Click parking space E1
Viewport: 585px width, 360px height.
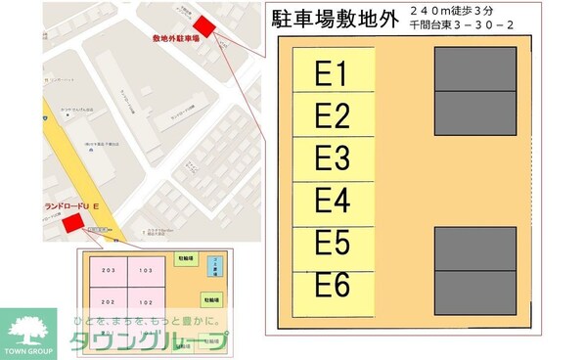(x=333, y=74)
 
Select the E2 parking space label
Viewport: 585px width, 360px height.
(x=333, y=116)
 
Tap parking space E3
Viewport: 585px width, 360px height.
(x=333, y=158)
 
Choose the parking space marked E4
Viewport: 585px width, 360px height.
(x=333, y=201)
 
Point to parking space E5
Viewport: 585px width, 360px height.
(x=333, y=243)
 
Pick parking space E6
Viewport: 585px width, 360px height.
(x=333, y=285)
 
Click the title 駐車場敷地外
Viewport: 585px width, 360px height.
(x=334, y=22)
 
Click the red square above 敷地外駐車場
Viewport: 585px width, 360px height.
(x=204, y=24)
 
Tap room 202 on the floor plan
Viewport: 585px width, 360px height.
(x=108, y=302)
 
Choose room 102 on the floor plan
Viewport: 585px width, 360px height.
(x=145, y=302)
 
